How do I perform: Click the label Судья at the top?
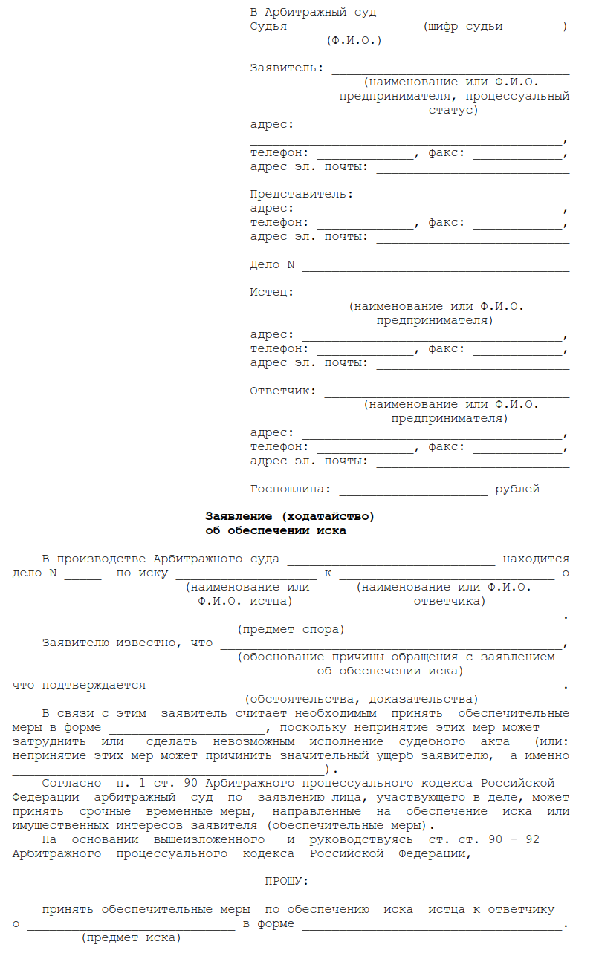pos(268,27)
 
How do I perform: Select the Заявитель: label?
pos(287,68)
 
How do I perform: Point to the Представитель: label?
pos(302,195)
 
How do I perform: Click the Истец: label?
pos(272,293)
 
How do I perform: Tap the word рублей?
pos(517,489)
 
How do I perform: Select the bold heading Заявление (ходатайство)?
pos(290,516)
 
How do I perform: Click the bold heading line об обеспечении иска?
pos(276,531)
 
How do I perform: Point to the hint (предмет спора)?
pos(291,630)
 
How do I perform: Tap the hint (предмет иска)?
pos(131,938)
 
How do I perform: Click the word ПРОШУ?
pos(287,882)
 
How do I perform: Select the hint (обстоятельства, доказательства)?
pos(361,700)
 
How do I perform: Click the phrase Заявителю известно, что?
pos(127,643)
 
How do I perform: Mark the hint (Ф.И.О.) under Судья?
pos(354,40)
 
